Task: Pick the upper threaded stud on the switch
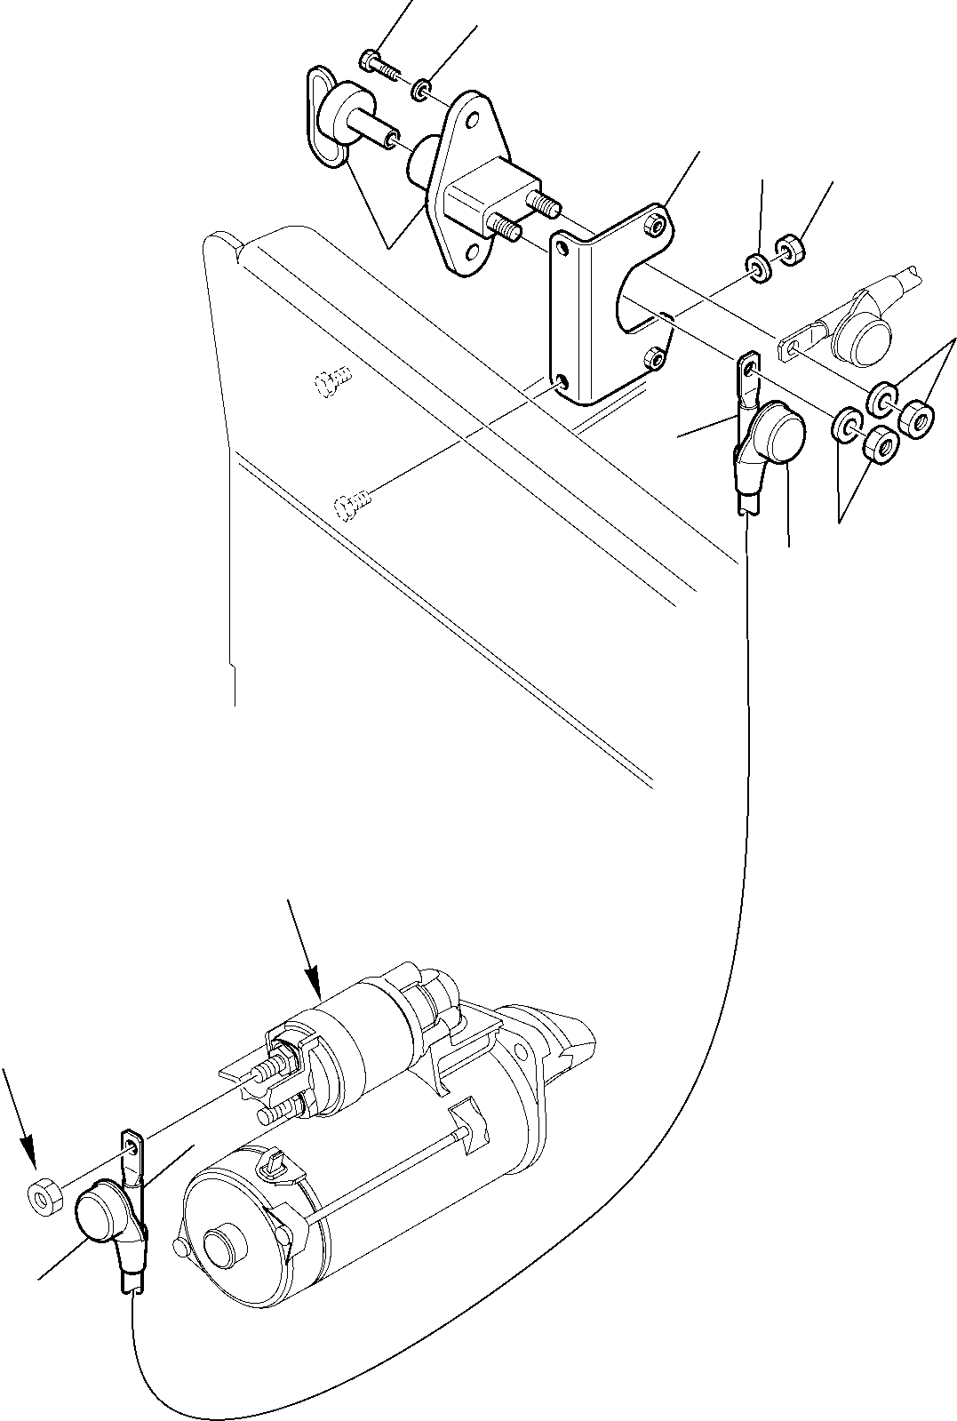544,204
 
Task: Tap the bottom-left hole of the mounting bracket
562,384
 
